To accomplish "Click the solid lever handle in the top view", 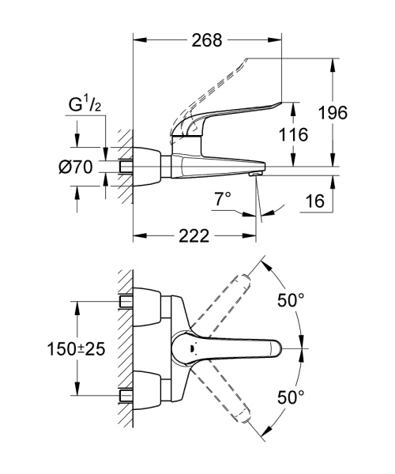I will tap(245, 348).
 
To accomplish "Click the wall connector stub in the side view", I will tap(126, 167).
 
